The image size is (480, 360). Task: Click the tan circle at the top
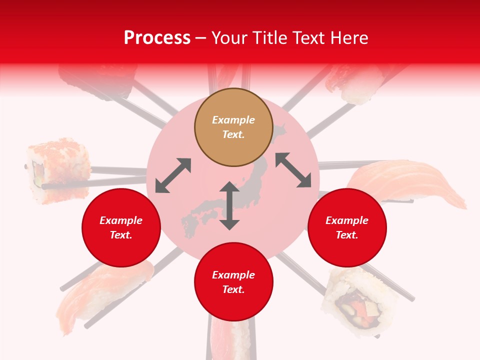[x=233, y=127]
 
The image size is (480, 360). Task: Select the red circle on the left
[x=121, y=227]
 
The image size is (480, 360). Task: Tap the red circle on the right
[x=346, y=227]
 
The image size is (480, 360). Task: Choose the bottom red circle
[x=233, y=282]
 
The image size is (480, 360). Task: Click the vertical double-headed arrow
[x=229, y=205]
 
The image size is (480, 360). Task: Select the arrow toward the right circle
[x=293, y=170]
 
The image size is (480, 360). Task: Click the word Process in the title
[x=157, y=38]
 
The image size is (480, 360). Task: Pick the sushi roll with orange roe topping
[x=57, y=170]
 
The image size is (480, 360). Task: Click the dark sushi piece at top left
[x=97, y=80]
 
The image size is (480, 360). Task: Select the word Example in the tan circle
[x=233, y=120]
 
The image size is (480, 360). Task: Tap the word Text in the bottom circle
[x=233, y=289]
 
